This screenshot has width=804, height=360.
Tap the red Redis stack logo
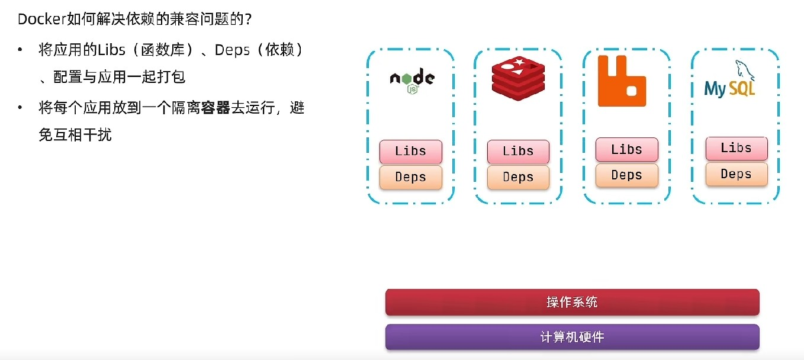click(x=518, y=78)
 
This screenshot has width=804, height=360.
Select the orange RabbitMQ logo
click(x=621, y=81)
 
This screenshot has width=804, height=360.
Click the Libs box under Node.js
click(x=410, y=152)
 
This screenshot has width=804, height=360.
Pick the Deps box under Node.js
click(x=410, y=178)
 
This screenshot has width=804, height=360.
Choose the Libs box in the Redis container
click(x=518, y=152)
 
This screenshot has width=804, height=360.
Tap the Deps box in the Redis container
click(x=518, y=177)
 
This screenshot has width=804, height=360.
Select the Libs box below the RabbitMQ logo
click(x=626, y=150)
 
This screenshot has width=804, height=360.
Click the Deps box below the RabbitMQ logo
click(x=626, y=175)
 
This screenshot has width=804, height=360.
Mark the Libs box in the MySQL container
click(x=736, y=148)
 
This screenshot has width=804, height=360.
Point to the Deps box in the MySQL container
click(x=736, y=174)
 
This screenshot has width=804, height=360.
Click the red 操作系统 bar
click(x=572, y=303)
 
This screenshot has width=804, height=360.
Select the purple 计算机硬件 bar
click(x=572, y=337)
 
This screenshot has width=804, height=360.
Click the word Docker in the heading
click(x=38, y=19)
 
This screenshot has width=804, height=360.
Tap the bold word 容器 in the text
click(x=216, y=108)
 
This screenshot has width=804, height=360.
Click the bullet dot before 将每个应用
click(x=21, y=108)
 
